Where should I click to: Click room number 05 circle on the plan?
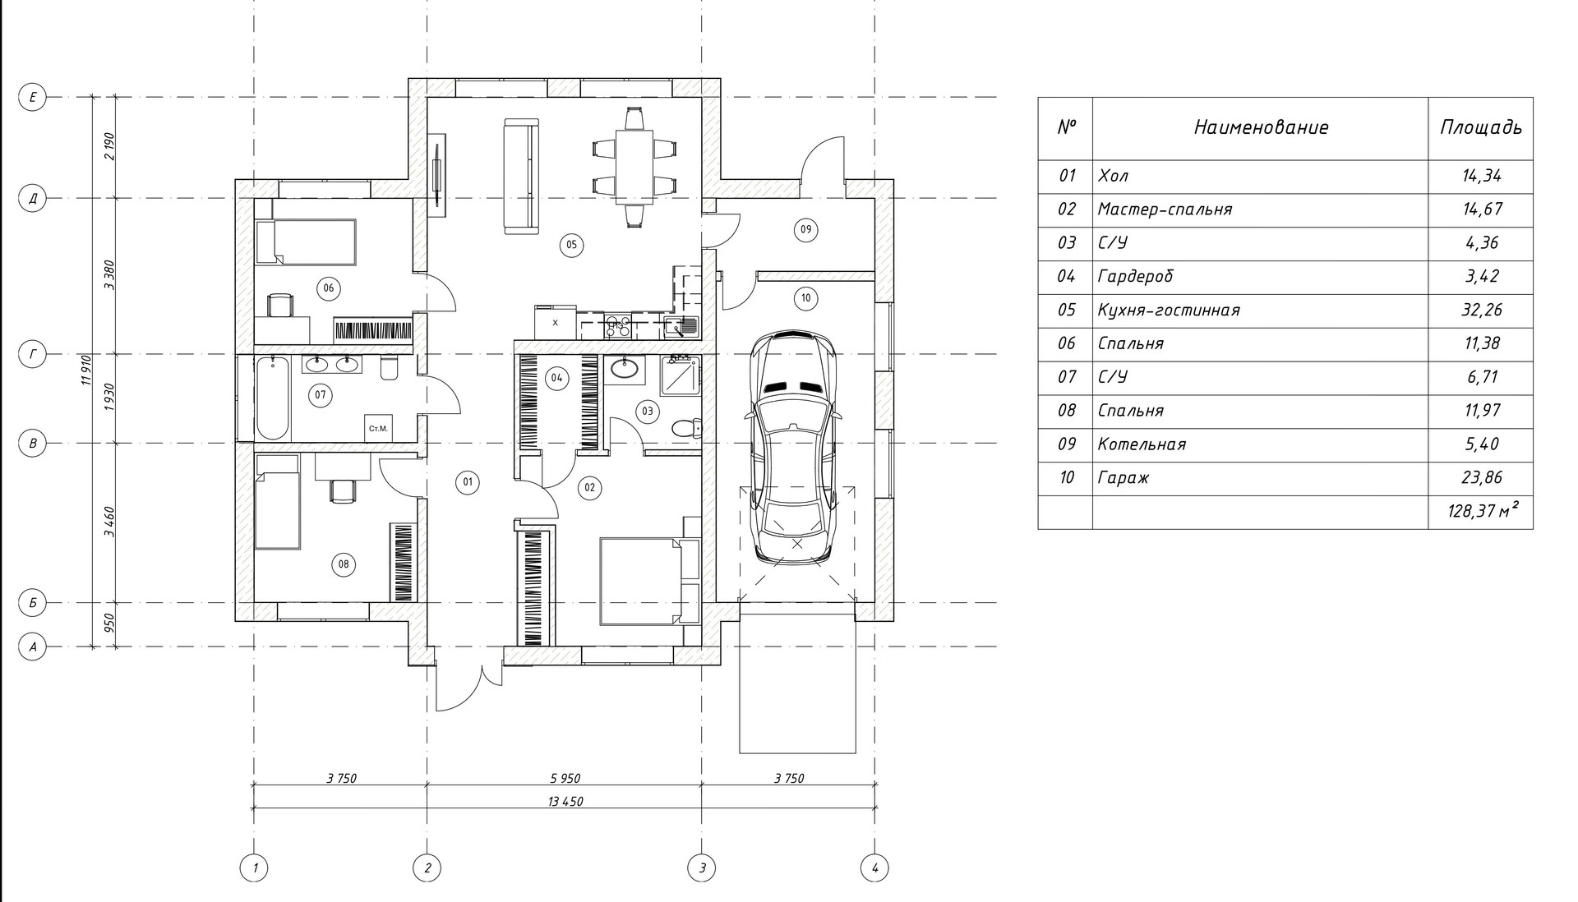(570, 244)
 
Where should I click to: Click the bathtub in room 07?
(272, 399)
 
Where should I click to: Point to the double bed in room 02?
(640, 580)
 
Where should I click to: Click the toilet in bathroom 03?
(684, 428)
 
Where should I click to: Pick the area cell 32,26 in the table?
(1480, 310)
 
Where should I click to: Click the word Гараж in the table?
(1123, 478)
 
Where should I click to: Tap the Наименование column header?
(1260, 127)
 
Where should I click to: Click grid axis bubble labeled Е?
(33, 98)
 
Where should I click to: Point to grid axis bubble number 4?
(874, 867)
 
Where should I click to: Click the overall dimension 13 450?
(564, 801)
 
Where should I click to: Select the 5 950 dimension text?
(564, 778)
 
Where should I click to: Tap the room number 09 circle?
(805, 229)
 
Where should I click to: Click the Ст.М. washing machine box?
(378, 428)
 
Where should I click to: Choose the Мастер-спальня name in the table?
(1165, 209)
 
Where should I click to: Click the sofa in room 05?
(521, 177)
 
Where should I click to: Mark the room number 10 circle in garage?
(805, 297)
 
